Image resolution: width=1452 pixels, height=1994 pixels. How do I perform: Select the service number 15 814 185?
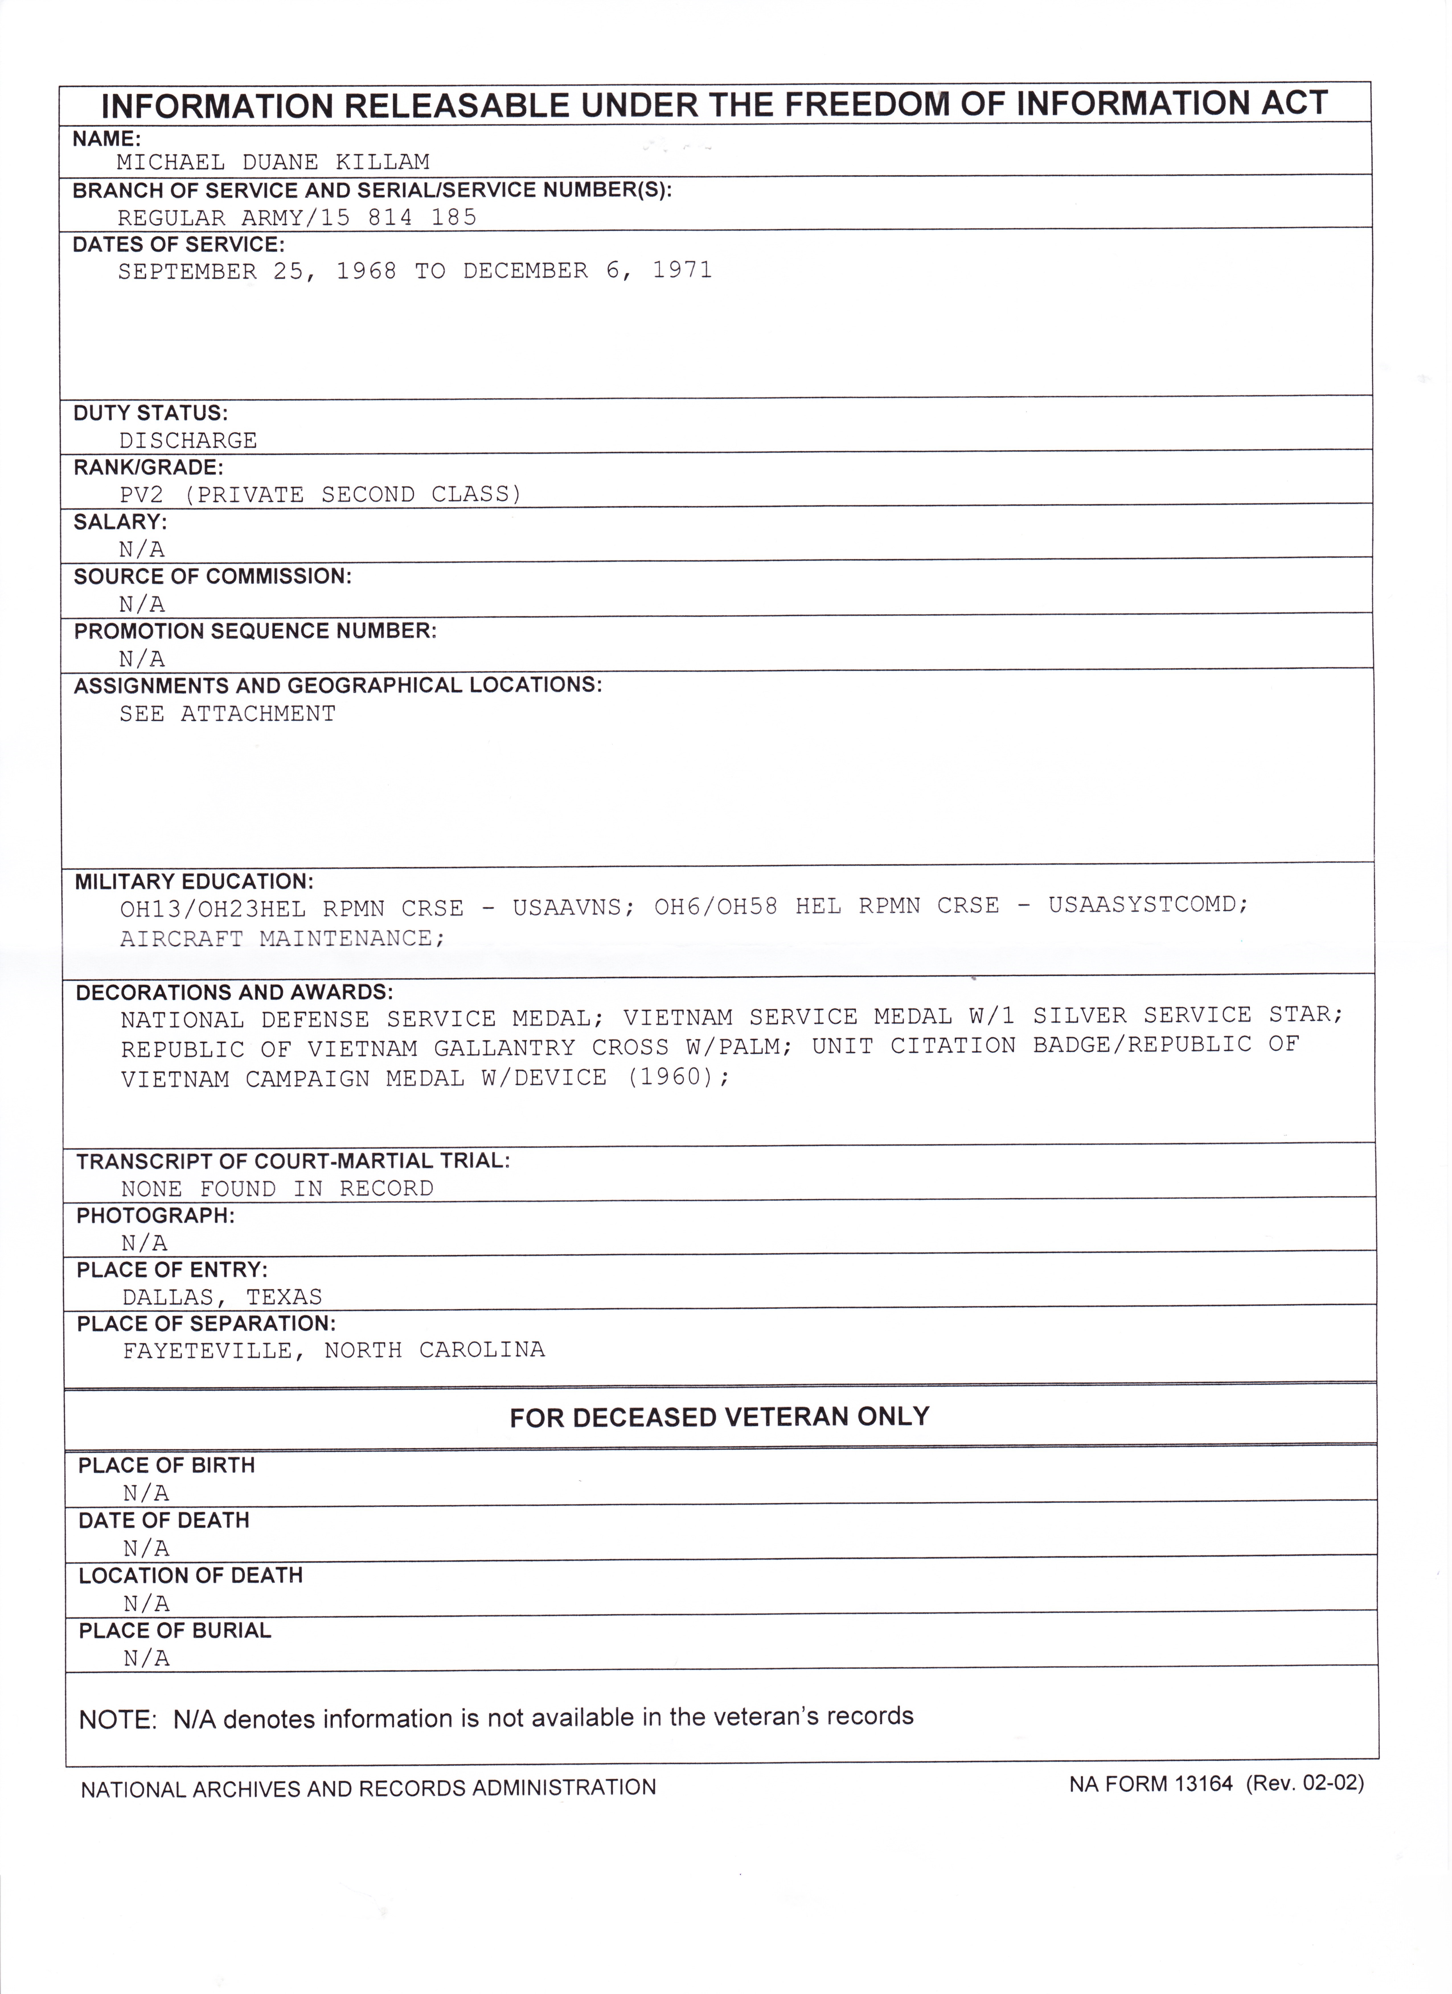pyautogui.click(x=398, y=217)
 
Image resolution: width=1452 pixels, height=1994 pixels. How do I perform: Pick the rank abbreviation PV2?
pyautogui.click(x=141, y=495)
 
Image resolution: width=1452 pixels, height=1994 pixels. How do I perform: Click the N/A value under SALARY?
pyautogui.click(x=141, y=549)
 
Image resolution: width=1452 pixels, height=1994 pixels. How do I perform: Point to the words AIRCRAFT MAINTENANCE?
pyautogui.click(x=281, y=939)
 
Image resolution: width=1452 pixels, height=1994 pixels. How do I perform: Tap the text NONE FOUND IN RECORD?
pyautogui.click(x=277, y=1189)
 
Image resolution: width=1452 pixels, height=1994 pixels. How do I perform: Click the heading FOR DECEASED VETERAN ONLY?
pyautogui.click(x=719, y=1417)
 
